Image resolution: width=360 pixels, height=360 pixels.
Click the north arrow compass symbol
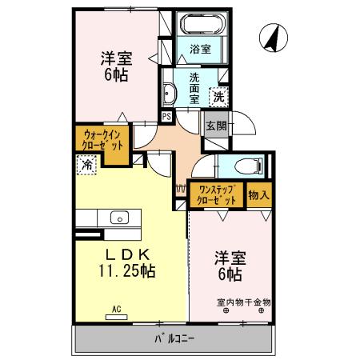coord(274,38)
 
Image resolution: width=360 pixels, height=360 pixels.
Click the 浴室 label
coord(200,49)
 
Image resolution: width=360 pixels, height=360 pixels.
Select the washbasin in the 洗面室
coord(170,94)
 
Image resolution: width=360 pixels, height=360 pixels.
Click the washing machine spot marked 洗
coord(218,97)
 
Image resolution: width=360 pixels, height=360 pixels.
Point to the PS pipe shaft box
coord(166,117)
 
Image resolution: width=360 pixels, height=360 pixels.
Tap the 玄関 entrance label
coord(217,126)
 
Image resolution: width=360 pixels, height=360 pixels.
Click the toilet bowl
coord(249,166)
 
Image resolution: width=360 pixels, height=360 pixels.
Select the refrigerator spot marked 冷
coord(86,165)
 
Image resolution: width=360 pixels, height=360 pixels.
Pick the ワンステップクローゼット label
coord(217,195)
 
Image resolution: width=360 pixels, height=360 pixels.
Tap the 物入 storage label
coord(258,195)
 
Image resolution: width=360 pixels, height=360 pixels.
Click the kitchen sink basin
coord(119,218)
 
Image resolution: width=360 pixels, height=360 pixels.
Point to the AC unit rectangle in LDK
coord(117,317)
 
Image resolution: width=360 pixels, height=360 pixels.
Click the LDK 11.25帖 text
coord(127,263)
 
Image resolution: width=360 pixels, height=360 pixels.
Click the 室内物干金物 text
coord(244,302)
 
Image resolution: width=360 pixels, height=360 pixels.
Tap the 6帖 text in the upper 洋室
coord(116,74)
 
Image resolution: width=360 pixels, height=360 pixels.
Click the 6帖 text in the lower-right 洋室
coord(230,274)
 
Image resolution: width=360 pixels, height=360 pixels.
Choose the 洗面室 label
coord(194,89)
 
